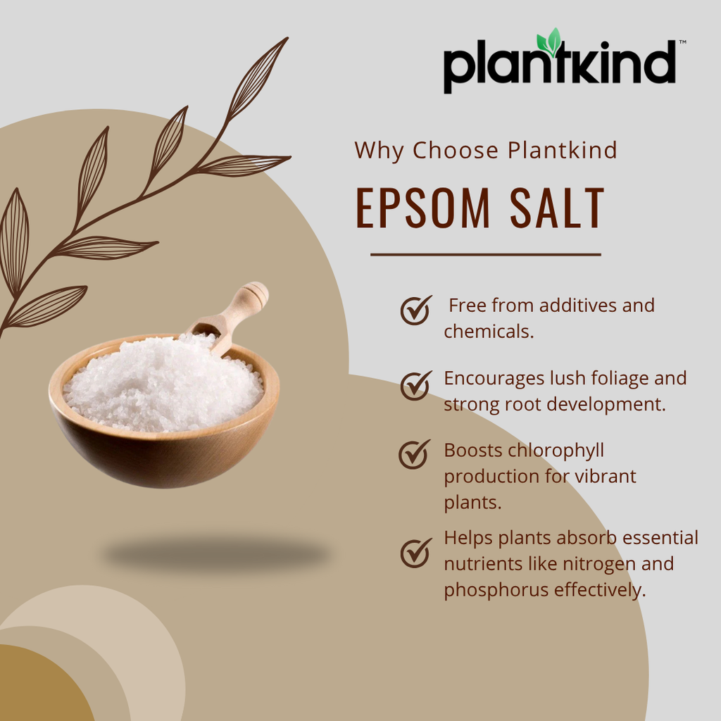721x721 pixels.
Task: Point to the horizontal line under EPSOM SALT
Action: [x=485, y=254]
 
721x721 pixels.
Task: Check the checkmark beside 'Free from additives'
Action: [x=415, y=310]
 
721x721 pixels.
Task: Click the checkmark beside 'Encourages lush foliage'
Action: [x=415, y=384]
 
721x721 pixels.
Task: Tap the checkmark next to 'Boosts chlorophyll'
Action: [x=414, y=454]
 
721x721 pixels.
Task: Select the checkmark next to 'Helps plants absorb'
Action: [x=415, y=552]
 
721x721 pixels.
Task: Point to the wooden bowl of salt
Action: [x=164, y=422]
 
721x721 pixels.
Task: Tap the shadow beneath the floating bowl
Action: [x=215, y=553]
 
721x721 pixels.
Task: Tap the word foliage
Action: [x=617, y=378]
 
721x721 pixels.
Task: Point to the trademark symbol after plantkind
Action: [x=682, y=43]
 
